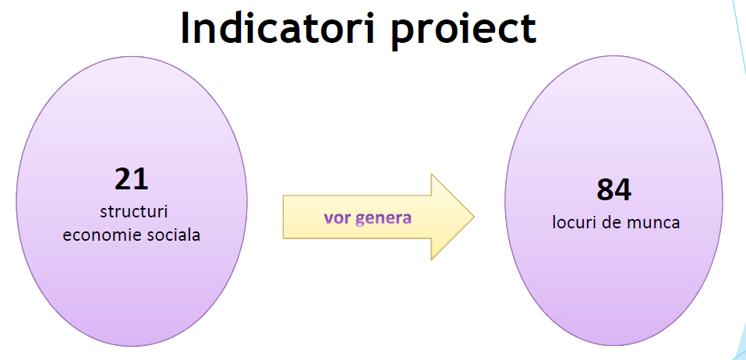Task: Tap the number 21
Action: (132, 178)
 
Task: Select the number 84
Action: (613, 190)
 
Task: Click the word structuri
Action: (134, 212)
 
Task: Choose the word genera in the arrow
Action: (384, 219)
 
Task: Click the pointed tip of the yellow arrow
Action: (474, 217)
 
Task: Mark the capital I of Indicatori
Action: (186, 27)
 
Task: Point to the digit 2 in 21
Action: (123, 178)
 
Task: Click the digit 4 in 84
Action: (623, 190)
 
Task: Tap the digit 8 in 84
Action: (605, 190)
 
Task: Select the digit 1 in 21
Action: (141, 178)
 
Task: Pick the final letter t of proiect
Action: (529, 30)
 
